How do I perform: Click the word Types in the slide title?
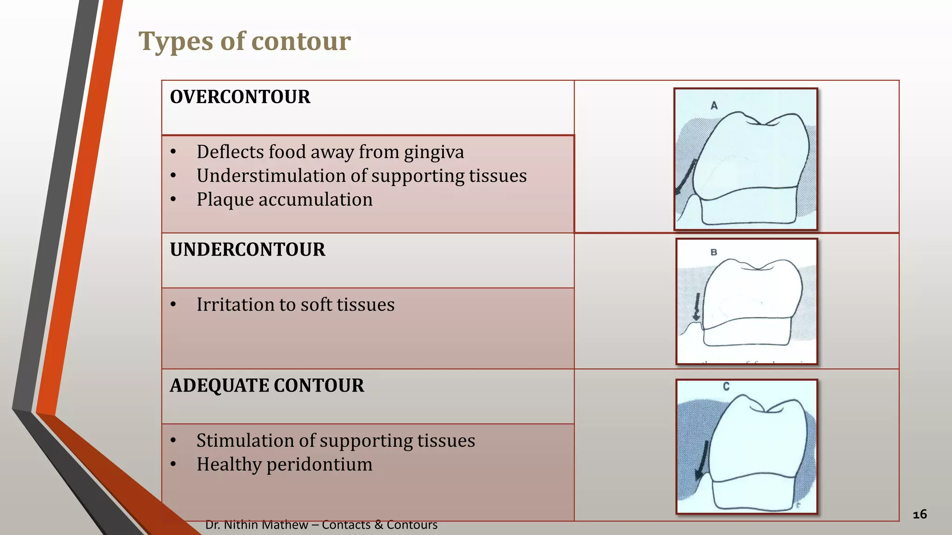[x=176, y=42]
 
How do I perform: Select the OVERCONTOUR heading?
[x=240, y=97]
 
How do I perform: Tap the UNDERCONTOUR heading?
[x=247, y=250]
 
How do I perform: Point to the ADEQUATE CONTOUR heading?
[x=267, y=386]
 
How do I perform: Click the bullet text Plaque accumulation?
[x=284, y=200]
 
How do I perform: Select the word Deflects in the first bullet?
[x=228, y=152]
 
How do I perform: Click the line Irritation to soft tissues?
[x=295, y=305]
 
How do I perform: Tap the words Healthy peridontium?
[x=284, y=464]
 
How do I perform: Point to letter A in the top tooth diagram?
[x=714, y=106]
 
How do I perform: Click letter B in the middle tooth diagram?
[x=714, y=252]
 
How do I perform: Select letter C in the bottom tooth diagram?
[x=726, y=386]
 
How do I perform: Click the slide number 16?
[x=919, y=514]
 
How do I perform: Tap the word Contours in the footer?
[x=412, y=525]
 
